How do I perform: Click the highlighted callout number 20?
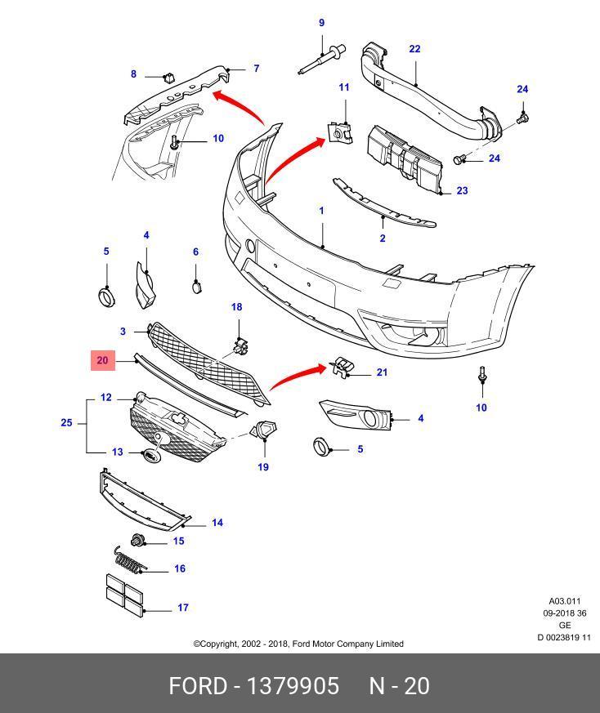coord(102,360)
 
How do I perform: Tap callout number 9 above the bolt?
coord(321,23)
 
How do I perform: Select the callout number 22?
coord(414,49)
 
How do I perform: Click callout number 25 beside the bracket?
coord(66,423)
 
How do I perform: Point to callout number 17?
coord(183,608)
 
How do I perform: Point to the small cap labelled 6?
coord(196,286)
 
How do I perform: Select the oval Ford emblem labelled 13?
coord(151,454)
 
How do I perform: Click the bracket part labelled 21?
coord(343,369)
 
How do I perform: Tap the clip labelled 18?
coord(239,346)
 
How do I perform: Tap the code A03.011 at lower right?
coord(564,601)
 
